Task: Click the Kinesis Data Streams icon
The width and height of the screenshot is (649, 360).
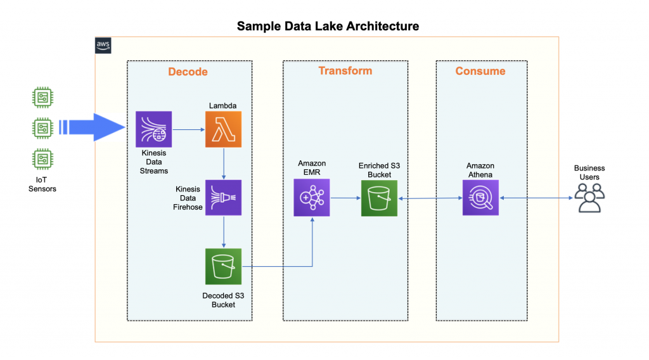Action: (x=153, y=129)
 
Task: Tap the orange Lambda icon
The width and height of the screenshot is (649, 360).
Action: (x=223, y=129)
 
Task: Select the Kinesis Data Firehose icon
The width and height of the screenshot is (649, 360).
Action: (x=223, y=198)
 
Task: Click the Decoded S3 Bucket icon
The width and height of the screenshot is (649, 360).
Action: (x=223, y=266)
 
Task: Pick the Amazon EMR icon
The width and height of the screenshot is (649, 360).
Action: (x=312, y=198)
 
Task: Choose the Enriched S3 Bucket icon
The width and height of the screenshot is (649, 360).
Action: (x=379, y=198)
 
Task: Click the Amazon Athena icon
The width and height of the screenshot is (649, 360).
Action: (x=480, y=198)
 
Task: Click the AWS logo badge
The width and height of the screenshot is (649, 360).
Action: (x=103, y=45)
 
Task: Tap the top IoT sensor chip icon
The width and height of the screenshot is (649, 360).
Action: (x=42, y=98)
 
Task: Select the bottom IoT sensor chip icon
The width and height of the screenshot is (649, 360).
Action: (x=42, y=158)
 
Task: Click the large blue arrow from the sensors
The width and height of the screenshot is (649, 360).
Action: (x=95, y=128)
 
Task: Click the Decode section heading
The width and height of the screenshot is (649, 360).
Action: (x=188, y=72)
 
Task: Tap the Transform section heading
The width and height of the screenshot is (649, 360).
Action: (x=345, y=70)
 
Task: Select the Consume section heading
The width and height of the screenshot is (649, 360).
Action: (x=480, y=71)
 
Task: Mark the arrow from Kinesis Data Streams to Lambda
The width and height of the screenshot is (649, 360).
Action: (x=188, y=129)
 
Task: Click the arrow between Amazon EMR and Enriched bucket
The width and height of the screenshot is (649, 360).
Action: (x=345, y=198)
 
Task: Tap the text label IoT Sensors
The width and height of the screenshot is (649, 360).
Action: (x=42, y=184)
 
